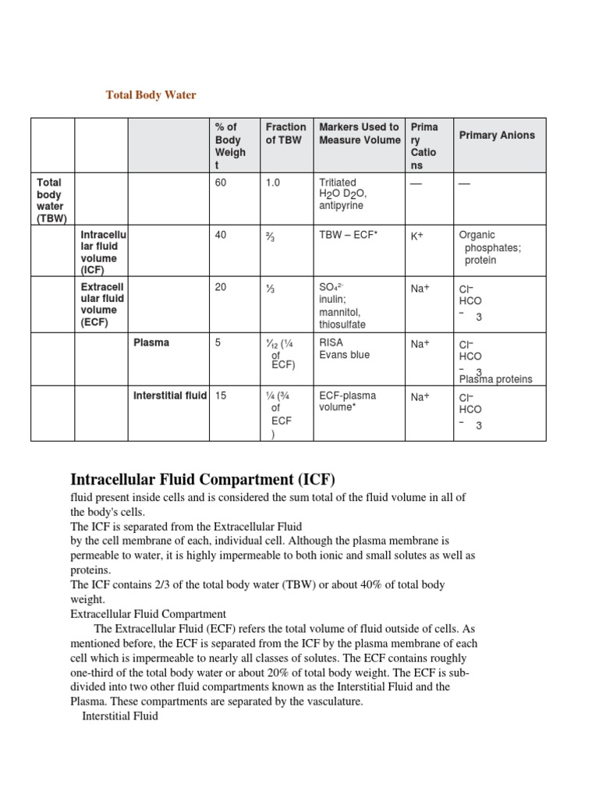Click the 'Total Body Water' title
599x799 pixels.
coord(151,95)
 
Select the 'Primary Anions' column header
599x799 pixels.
coord(497,135)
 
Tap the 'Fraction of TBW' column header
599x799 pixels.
coord(285,133)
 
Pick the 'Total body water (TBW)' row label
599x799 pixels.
coord(52,200)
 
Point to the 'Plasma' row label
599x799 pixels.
coord(151,342)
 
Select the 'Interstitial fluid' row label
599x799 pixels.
coord(170,396)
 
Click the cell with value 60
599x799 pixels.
coord(221,182)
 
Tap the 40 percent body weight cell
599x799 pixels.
coord(221,235)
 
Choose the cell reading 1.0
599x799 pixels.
coord(272,182)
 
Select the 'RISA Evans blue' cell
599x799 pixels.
coord(344,348)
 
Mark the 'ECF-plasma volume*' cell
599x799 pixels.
coord(347,401)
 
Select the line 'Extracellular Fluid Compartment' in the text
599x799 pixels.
coord(148,614)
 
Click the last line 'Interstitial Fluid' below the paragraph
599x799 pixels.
coord(119,716)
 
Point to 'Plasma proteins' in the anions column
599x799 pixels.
coord(495,379)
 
